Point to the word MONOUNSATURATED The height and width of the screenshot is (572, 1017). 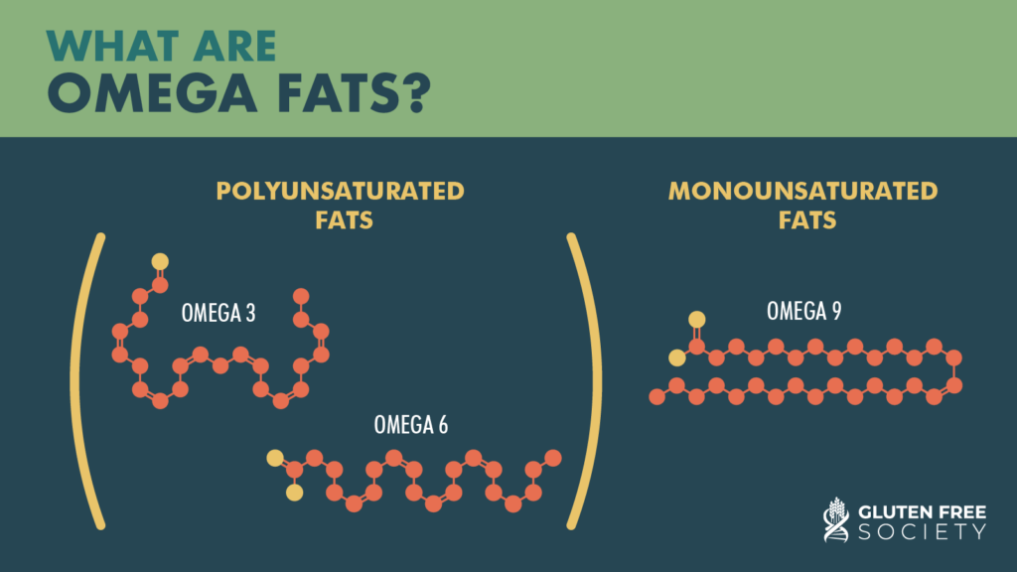(802, 191)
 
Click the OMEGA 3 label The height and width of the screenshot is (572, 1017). (218, 313)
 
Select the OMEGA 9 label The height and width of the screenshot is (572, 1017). (804, 311)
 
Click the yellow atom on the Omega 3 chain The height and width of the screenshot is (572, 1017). (160, 262)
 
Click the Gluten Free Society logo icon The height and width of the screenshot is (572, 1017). (835, 518)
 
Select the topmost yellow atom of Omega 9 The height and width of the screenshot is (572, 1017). (697, 319)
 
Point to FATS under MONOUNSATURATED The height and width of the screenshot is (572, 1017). (802, 219)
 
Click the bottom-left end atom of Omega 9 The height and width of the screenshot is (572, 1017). (656, 397)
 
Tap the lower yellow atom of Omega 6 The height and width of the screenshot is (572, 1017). (294, 492)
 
